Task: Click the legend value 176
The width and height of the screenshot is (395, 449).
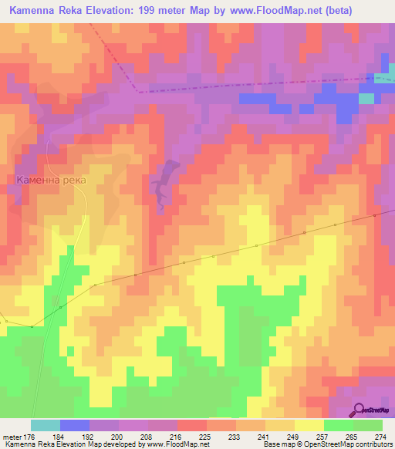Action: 29,436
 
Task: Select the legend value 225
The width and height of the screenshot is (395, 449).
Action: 204,436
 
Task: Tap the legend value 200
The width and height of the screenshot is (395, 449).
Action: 117,436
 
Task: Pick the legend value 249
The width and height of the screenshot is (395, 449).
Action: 293,436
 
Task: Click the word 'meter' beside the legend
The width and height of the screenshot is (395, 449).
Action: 12,436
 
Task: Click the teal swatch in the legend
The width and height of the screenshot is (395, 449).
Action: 45,425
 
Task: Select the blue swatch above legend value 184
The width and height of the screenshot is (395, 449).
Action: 74,425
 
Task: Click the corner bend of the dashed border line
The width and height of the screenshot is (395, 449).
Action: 138,91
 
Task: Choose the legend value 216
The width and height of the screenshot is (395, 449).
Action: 176,436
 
